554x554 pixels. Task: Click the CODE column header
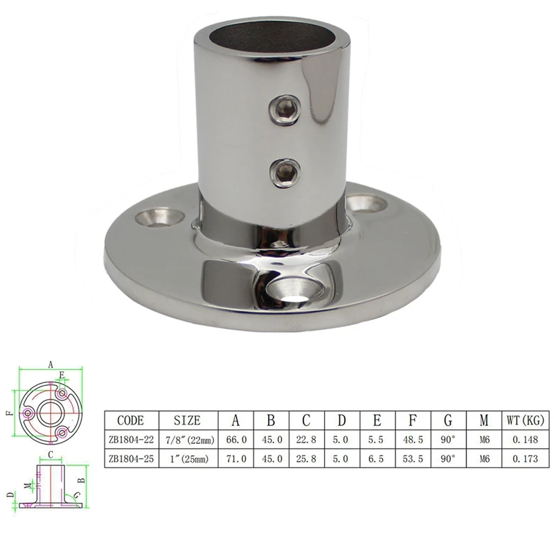131,420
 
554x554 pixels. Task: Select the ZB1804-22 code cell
131,440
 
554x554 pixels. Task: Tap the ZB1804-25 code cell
131,458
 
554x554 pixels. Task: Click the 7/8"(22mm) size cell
189,440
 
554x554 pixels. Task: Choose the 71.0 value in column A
235,458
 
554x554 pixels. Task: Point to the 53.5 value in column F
413,458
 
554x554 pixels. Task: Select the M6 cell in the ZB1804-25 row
483,458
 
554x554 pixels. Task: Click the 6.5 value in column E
377,458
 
